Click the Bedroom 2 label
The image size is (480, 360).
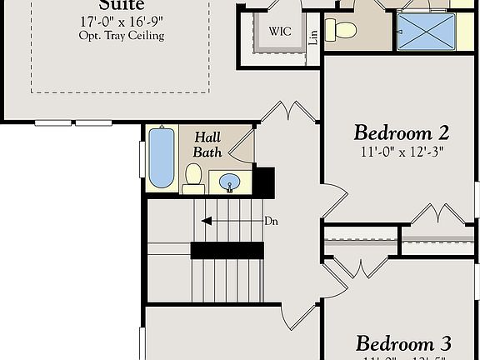(402, 132)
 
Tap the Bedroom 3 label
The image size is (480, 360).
(403, 343)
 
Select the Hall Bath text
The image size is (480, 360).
(207, 143)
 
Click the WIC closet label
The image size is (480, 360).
(279, 32)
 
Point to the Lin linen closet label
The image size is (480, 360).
(313, 37)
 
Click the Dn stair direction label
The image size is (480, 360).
(271, 221)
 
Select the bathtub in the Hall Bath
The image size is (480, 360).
(160, 157)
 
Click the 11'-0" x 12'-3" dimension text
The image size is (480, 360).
(403, 152)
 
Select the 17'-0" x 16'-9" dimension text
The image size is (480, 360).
(122, 22)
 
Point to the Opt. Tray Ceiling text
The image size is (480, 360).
(122, 36)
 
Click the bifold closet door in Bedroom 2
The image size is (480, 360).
(437, 213)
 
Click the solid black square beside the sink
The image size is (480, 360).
(264, 179)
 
